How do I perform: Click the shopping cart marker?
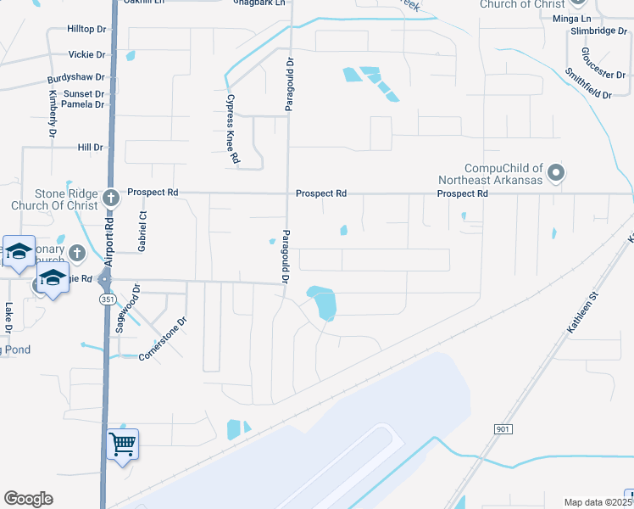[x=123, y=443]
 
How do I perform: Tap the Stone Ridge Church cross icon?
[x=110, y=199]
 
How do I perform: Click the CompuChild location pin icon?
[x=556, y=173]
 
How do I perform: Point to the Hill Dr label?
[x=90, y=148]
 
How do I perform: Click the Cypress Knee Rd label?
[x=231, y=128]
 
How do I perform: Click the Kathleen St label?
[x=583, y=310]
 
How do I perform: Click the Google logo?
[x=28, y=499]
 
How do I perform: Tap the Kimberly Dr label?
[x=53, y=114]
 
